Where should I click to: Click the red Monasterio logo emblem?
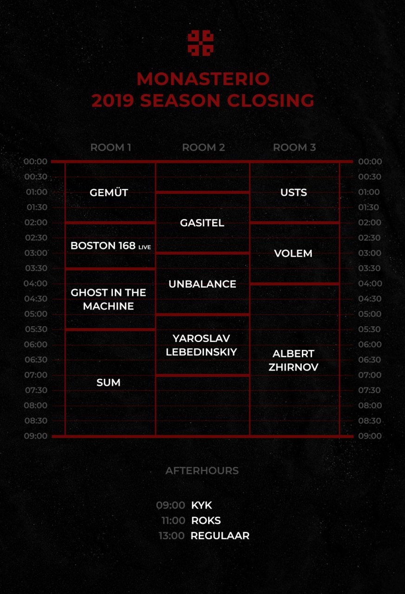(200, 43)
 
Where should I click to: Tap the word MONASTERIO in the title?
(203, 79)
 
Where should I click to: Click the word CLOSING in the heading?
(270, 101)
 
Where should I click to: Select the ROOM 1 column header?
(111, 148)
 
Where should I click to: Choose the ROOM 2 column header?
(203, 148)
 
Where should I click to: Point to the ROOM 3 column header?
(294, 148)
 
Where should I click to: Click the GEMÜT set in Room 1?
(109, 192)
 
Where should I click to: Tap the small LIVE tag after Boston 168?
(144, 247)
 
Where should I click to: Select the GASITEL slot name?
(202, 223)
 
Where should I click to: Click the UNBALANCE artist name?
(202, 284)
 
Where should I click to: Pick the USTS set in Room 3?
(294, 193)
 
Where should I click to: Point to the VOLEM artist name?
(293, 253)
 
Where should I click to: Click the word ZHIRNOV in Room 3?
(293, 367)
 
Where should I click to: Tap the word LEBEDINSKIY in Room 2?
(201, 352)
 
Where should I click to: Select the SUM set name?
(108, 382)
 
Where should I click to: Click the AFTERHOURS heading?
(202, 471)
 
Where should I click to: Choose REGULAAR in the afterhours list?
(220, 536)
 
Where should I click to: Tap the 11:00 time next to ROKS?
(173, 521)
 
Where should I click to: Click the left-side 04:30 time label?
(36, 299)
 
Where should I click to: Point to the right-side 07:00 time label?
(369, 375)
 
